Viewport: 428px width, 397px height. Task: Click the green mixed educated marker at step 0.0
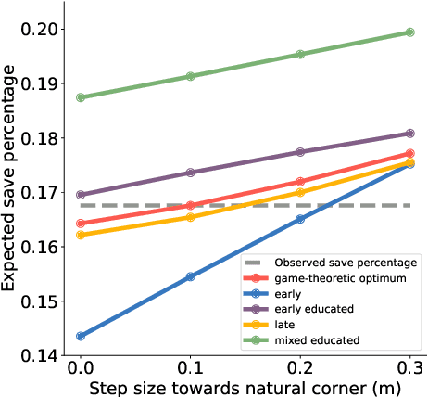point(81,96)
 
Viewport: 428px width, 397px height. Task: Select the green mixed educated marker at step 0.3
point(410,32)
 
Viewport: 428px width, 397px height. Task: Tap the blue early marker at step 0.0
point(81,336)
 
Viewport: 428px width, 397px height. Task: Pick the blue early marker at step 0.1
point(191,276)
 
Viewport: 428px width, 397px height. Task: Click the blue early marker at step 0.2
point(300,219)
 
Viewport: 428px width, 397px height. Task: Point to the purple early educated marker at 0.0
point(81,195)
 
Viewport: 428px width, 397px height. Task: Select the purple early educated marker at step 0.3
point(410,134)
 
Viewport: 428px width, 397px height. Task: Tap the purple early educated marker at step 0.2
point(300,152)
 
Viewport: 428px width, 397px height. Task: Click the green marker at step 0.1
point(191,76)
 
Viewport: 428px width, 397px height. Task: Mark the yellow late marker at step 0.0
point(81,235)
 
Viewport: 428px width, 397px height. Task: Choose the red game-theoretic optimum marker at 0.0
point(81,224)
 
